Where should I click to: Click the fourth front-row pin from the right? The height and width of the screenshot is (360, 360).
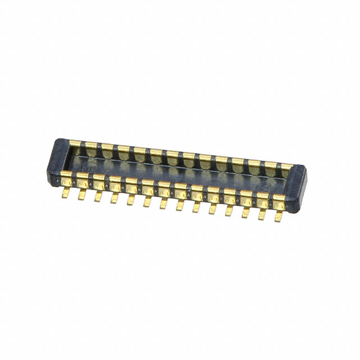coord(230,205)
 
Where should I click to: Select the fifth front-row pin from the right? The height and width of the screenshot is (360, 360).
coord(214,203)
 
